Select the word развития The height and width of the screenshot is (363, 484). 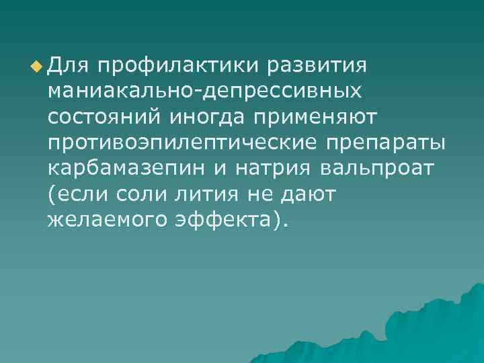pos(316,66)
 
